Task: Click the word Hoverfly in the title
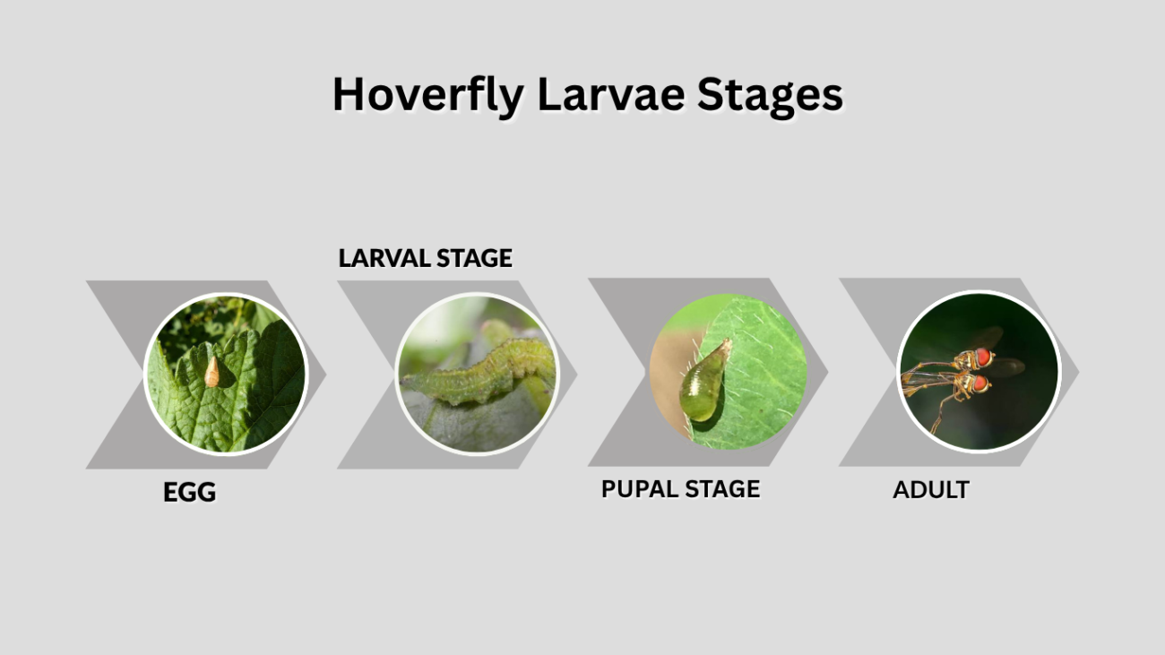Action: coord(428,96)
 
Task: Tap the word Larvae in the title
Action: coord(611,94)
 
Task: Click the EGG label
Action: coord(189,492)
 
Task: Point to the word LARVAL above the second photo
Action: coord(384,258)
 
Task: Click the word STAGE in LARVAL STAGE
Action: coord(474,258)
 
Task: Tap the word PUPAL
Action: coord(639,489)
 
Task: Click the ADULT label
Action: coord(931,490)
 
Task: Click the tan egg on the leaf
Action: coord(211,372)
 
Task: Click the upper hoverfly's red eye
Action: coord(982,358)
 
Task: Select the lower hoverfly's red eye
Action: coord(979,384)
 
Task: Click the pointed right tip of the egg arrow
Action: coord(325,374)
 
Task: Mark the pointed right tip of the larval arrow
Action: coord(577,374)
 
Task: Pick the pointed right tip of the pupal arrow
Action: coord(827,372)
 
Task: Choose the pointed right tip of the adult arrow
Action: coord(1079,372)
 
